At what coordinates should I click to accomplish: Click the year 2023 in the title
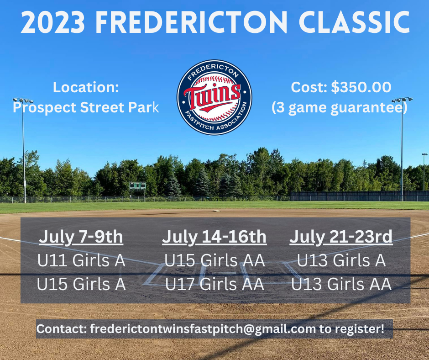coord(53,22)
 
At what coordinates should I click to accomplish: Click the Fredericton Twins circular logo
coord(214,97)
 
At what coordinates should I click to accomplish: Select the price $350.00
coord(361,87)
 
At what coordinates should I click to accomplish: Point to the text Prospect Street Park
coord(86,107)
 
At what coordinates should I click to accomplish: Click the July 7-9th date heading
coord(81,237)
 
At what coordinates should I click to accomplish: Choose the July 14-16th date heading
coord(214,237)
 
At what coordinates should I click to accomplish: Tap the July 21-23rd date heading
coord(341,237)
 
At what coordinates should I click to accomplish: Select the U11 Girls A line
coord(81,260)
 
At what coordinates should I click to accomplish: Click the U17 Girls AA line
coord(214,284)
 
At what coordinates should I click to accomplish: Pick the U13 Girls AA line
coord(341,284)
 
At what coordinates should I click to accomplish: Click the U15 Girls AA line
coord(214,260)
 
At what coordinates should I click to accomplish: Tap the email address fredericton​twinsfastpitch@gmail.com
coord(203,329)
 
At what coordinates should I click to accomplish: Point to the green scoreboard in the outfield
coord(138,186)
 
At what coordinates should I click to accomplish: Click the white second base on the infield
coord(216,211)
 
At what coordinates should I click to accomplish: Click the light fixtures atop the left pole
coord(23,100)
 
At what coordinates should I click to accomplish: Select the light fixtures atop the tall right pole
coord(402,100)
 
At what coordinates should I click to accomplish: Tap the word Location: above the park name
coord(86,87)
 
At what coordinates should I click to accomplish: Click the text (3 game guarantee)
coord(340,107)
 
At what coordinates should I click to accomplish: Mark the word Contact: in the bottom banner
coord(62,329)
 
